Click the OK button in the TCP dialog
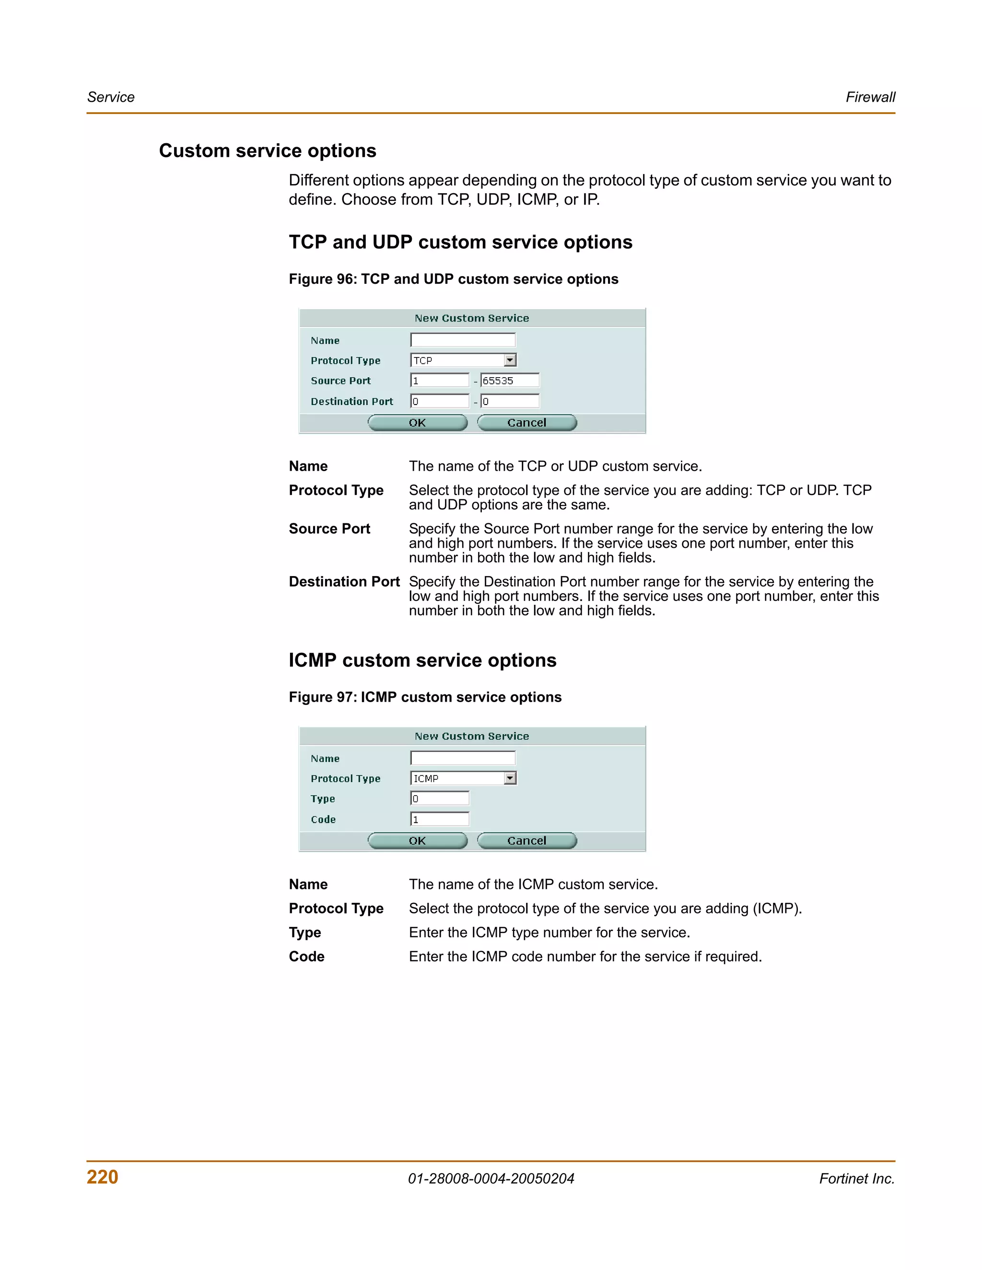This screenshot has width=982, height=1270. click(x=417, y=423)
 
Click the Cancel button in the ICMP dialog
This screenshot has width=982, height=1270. click(x=526, y=841)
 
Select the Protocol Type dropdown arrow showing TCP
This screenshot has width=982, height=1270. click(x=510, y=360)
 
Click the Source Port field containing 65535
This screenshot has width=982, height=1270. click(x=510, y=381)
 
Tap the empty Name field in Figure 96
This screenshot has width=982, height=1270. click(x=463, y=340)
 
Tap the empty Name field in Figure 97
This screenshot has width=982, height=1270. click(x=463, y=758)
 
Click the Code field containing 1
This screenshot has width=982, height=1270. click(x=440, y=820)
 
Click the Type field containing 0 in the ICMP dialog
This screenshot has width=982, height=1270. click(x=440, y=798)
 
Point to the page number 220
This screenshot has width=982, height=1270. click(x=103, y=1177)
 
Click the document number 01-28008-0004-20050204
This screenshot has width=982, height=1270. click(x=491, y=1179)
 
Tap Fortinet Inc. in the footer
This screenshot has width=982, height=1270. click(x=856, y=1179)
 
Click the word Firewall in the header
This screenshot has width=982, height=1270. click(x=870, y=97)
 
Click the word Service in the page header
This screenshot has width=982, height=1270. click(x=111, y=97)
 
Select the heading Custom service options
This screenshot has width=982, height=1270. click(x=268, y=150)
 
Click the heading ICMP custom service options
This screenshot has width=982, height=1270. click(x=422, y=660)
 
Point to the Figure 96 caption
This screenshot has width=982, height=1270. click(x=453, y=279)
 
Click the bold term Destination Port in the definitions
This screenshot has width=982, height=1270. click(x=344, y=582)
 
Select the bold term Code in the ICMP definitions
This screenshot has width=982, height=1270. click(x=306, y=957)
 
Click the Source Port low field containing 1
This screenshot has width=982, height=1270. click(x=440, y=381)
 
